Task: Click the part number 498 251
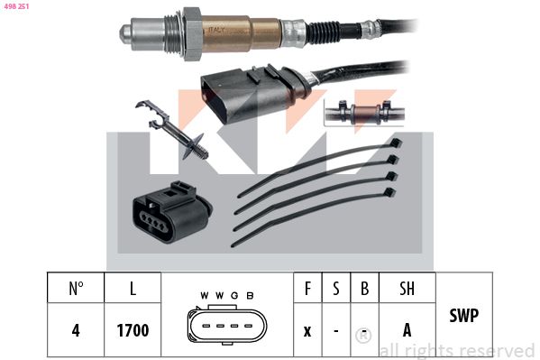(17, 7)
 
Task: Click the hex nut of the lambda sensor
(190, 34)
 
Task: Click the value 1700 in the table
(132, 330)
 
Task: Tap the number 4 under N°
(76, 330)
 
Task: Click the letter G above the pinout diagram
(234, 296)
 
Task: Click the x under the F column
(307, 330)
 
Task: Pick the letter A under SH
(407, 330)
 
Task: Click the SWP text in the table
(463, 316)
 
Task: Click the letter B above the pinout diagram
(250, 296)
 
